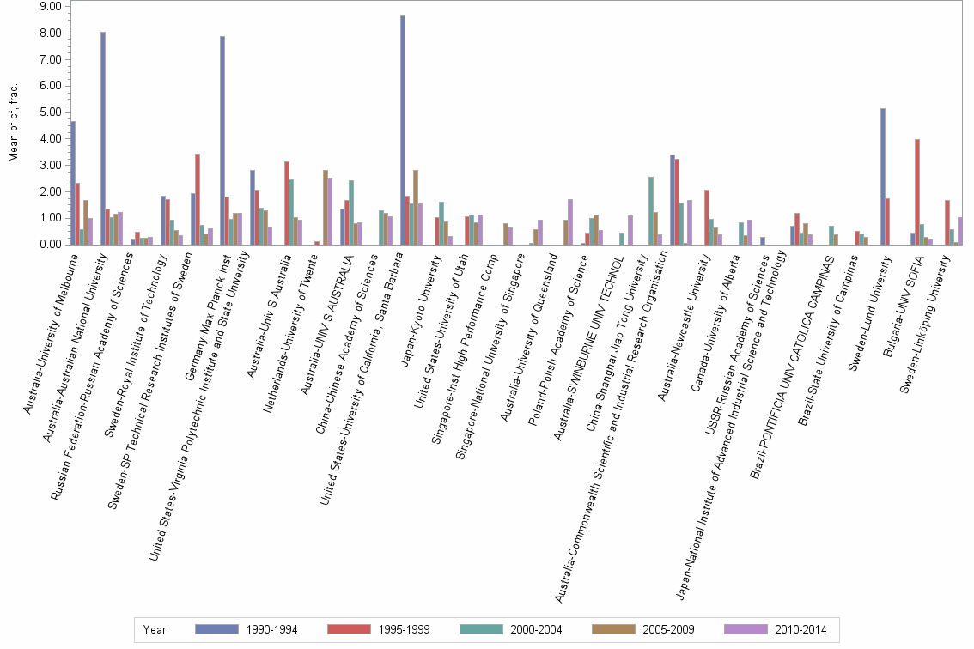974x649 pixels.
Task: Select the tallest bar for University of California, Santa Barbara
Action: [x=403, y=130]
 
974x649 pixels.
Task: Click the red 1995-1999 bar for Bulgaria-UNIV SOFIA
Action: [x=917, y=191]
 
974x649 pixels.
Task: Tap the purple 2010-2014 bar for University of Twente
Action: [x=330, y=211]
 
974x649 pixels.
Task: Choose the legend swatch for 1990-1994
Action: [x=216, y=629]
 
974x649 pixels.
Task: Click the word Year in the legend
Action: [x=155, y=629]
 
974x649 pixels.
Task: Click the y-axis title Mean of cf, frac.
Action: [x=12, y=124]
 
